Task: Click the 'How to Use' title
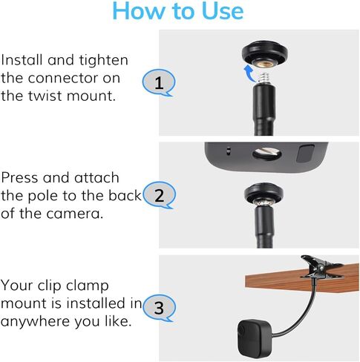(x=177, y=13)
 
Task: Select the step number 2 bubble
(x=158, y=196)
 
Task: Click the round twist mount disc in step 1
(x=264, y=56)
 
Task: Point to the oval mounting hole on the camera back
(x=265, y=153)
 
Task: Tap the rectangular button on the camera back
(x=306, y=154)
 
